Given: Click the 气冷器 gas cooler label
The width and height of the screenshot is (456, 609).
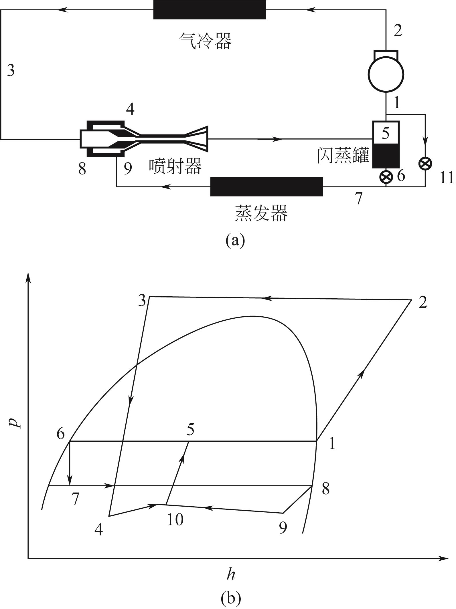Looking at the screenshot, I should [205, 41].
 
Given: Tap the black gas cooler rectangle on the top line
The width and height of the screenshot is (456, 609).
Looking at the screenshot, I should [210, 10].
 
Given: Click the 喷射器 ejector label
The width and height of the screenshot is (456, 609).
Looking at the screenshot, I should [175, 166].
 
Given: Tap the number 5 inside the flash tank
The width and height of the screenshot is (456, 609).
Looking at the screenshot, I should [386, 133].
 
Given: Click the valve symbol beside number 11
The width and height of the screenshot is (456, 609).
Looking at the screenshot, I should [425, 164].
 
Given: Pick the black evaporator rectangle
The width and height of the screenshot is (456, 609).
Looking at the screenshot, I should [267, 187].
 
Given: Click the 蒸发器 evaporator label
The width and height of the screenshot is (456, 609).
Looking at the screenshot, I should [261, 213].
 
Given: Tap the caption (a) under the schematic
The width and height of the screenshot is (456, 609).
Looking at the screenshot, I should [235, 241].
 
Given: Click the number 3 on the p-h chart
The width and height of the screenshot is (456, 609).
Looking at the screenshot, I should [142, 301].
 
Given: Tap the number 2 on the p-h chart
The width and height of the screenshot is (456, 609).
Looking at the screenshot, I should [423, 303].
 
